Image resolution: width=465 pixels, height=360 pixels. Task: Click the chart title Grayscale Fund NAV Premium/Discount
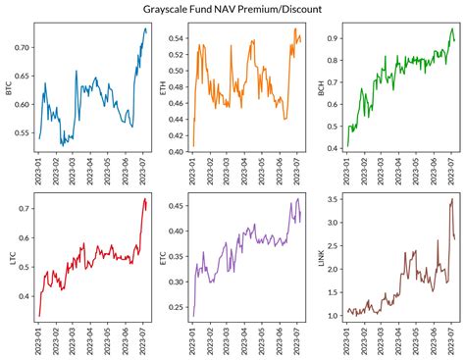tap(232, 9)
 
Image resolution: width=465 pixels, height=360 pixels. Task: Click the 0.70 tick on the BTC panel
tap(24, 47)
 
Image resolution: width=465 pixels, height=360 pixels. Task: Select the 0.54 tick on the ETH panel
tap(178, 38)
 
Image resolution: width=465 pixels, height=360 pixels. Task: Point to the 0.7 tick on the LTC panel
tap(26, 207)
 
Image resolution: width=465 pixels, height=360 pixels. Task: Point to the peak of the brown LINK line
tap(452, 199)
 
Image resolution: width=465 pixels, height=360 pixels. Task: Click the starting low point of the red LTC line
tap(39, 316)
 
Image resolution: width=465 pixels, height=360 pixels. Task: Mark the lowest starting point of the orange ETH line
tap(193, 147)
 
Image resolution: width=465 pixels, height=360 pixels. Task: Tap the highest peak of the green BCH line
tap(451, 28)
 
